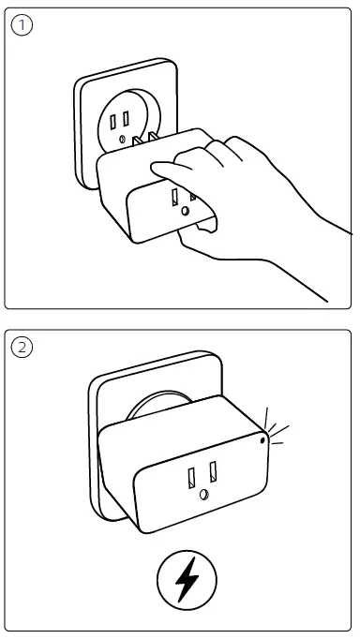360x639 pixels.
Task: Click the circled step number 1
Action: coord(21,25)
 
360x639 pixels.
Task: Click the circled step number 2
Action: coord(21,348)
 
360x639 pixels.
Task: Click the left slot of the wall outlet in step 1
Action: coord(112,121)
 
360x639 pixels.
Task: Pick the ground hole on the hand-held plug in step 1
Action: coord(186,213)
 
